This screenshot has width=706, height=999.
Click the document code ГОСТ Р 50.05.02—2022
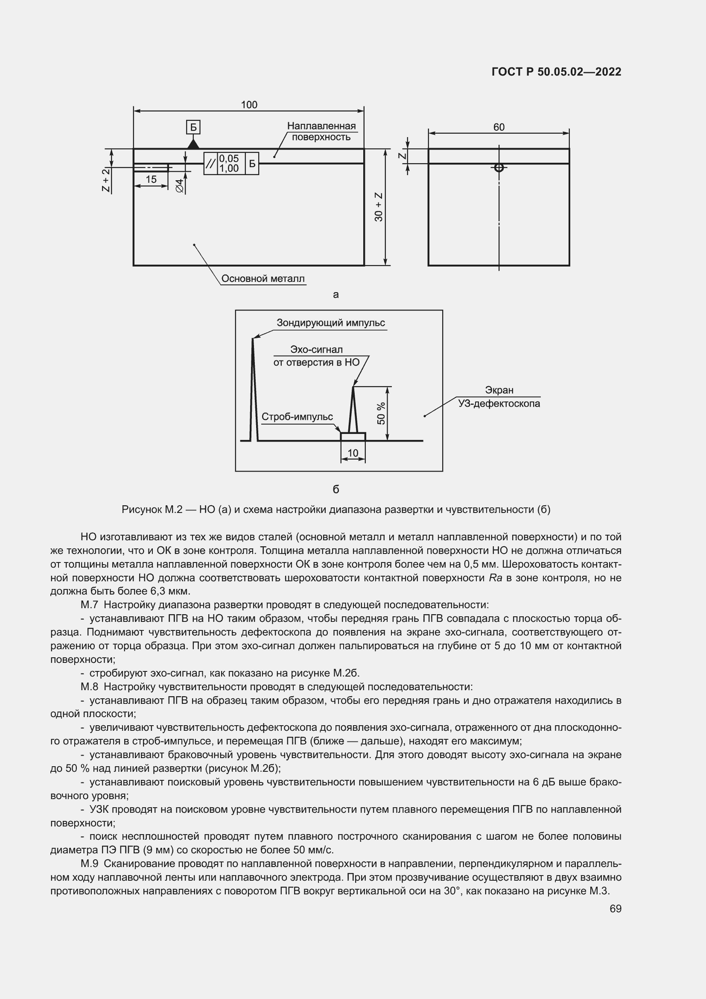556,72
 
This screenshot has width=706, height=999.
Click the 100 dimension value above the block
249,105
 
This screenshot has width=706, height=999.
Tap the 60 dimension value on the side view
499,127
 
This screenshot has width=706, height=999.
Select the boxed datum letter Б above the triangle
193,127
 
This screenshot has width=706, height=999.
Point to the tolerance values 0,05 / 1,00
229,164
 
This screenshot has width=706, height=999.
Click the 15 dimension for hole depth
151,179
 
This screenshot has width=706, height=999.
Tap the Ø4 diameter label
180,186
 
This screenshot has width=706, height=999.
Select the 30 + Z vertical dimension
379,207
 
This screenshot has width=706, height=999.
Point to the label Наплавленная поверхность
321,132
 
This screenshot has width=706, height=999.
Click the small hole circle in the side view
499,168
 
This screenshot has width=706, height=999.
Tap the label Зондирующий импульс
330,323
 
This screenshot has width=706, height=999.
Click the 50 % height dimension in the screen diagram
381,413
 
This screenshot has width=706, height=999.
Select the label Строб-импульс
297,417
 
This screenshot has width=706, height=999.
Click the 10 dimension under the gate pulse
353,453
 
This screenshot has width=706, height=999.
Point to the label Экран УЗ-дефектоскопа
499,397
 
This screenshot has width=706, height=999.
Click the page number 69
615,908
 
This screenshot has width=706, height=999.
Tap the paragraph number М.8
89,687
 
